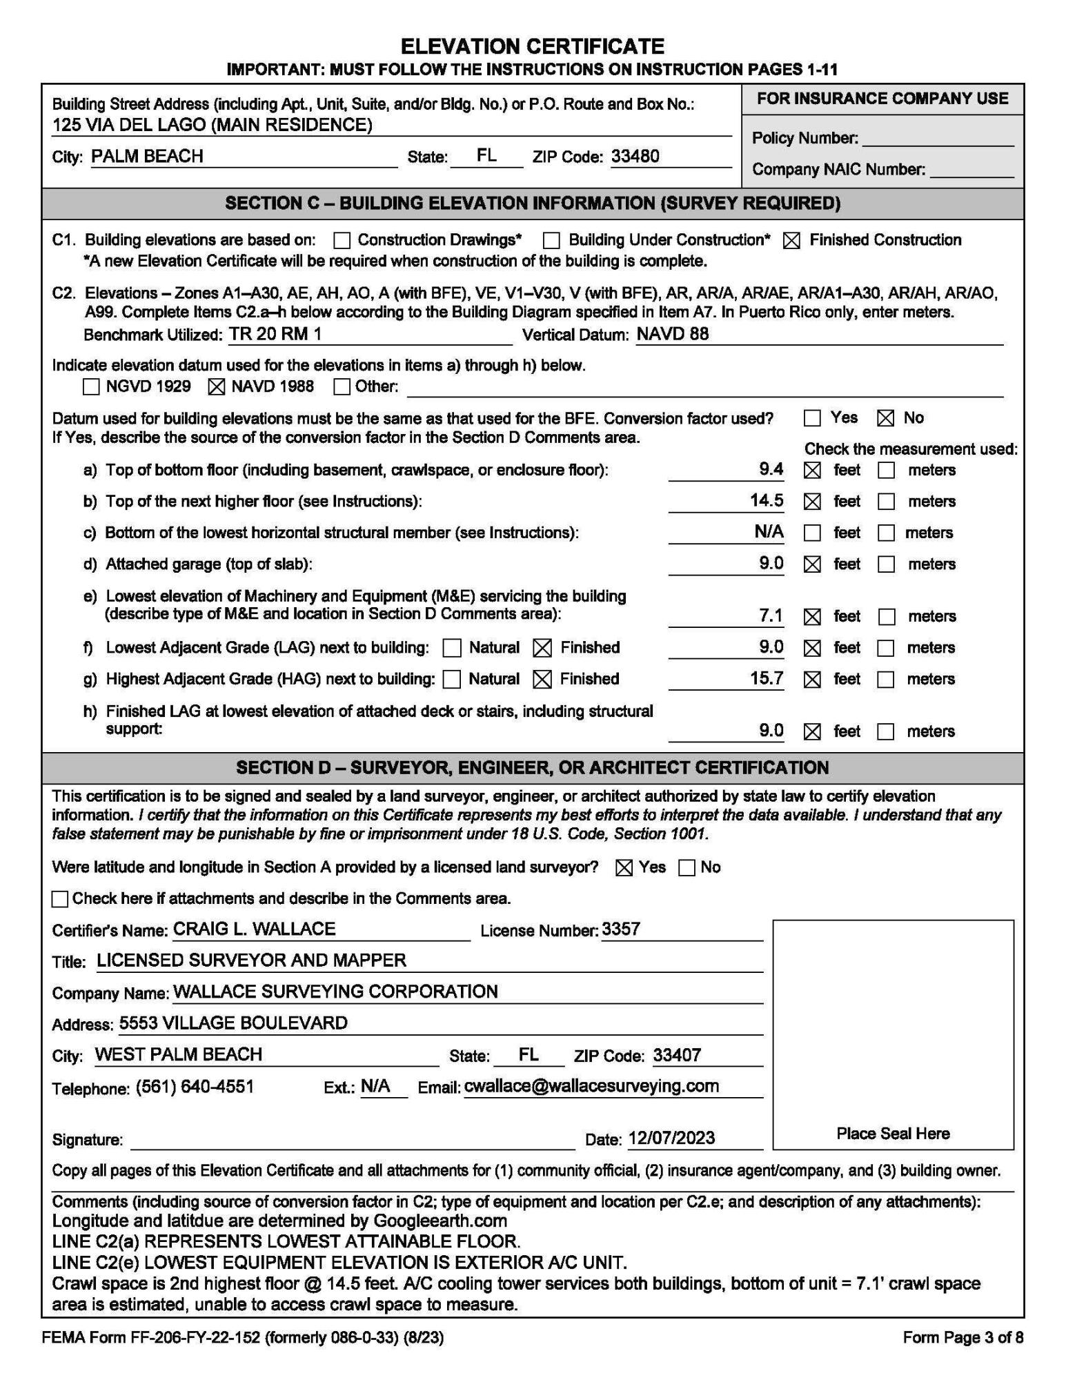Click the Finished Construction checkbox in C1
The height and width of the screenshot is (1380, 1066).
coord(792,241)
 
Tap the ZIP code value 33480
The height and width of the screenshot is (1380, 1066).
coord(635,156)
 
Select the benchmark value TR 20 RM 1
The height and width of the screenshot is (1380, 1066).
coord(275,334)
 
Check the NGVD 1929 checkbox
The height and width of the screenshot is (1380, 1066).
coord(91,386)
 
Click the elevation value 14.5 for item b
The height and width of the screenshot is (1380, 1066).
coord(766,500)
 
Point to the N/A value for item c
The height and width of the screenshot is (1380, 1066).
coord(769,531)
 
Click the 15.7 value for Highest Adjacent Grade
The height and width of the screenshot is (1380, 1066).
coord(766,678)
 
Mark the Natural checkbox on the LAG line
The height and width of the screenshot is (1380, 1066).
coord(453,648)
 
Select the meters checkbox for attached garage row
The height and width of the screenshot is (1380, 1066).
coord(887,564)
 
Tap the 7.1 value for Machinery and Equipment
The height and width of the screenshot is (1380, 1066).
coord(771,615)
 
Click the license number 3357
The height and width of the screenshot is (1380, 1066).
coord(621,929)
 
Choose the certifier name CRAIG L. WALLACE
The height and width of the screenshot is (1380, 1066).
coord(254,929)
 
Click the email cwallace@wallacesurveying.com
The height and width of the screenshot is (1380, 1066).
coord(591,1086)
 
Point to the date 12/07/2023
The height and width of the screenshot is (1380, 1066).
coord(671,1138)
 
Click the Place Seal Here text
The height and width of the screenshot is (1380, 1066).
coord(893,1134)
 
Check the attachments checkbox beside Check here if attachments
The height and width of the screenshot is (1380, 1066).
coord(61,899)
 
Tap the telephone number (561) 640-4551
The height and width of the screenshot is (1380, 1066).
coord(195,1087)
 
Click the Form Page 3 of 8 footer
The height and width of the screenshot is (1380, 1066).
coord(963,1338)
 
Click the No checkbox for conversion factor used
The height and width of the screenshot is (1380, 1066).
coord(886,418)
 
